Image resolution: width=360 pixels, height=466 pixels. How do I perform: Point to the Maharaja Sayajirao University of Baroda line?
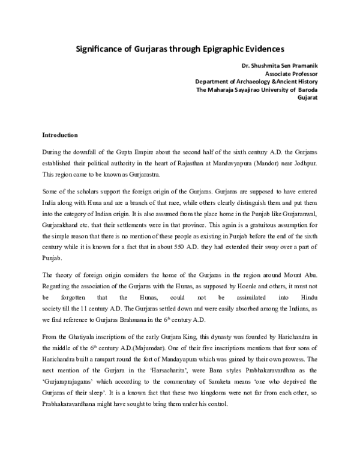(x=257, y=89)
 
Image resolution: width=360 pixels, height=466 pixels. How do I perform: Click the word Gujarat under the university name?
(x=306, y=98)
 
